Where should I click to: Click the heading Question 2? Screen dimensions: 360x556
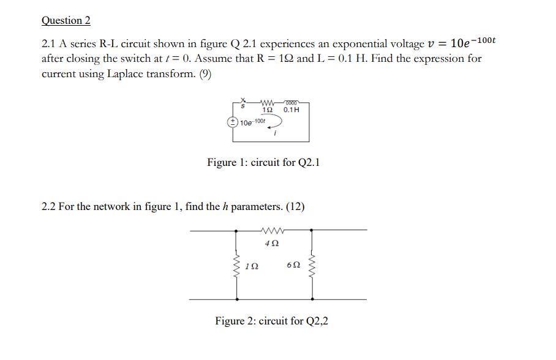(66, 21)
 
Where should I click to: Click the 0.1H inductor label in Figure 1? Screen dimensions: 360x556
(291, 110)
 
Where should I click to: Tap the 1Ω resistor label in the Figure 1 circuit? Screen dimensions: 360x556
(268, 110)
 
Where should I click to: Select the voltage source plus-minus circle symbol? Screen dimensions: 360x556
(233, 122)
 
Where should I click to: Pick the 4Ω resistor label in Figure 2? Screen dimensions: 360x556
(271, 243)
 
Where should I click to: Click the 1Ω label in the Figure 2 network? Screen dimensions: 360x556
(251, 266)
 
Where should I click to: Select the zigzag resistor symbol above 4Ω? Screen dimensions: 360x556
(271, 231)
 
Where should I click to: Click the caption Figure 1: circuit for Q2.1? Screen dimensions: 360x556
(263, 163)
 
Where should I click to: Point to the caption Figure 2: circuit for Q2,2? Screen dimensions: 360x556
(271, 321)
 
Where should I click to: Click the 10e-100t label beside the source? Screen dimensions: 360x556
(253, 122)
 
